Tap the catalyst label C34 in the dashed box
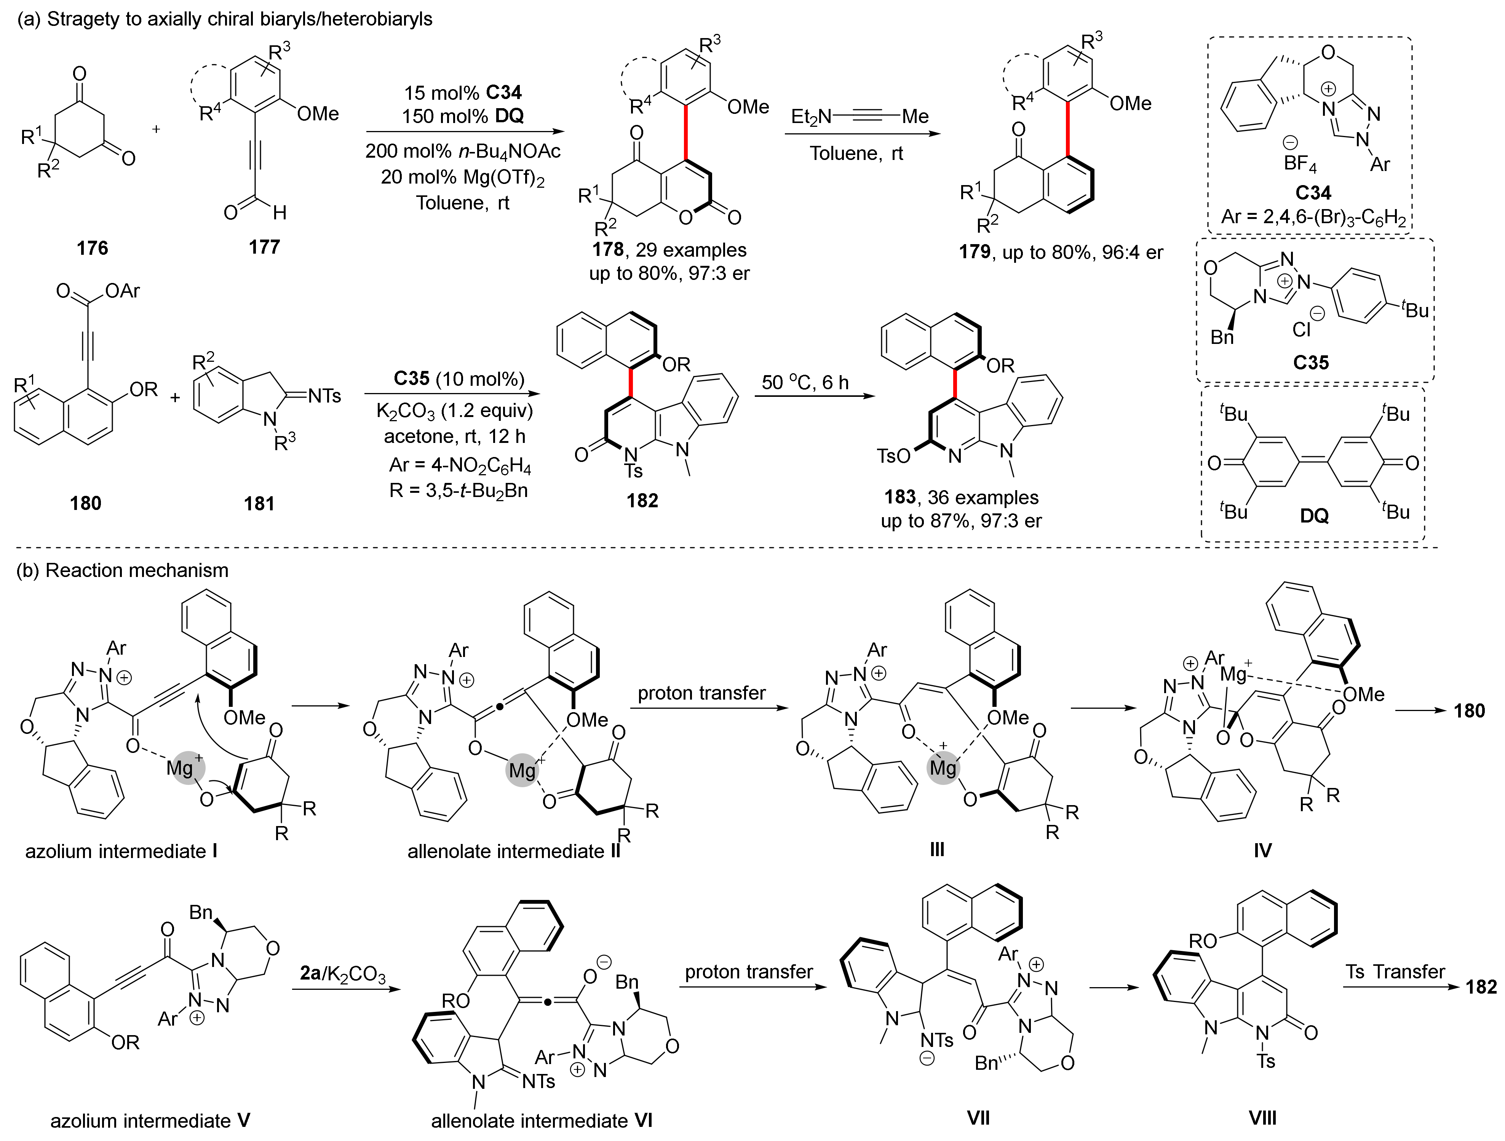coord(1312,193)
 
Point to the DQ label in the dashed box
coord(1314,516)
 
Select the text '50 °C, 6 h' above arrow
coord(805,382)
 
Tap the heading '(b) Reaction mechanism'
coord(123,570)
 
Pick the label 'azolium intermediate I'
coord(121,851)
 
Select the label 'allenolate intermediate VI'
coord(542,1120)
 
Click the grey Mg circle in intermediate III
coord(943,768)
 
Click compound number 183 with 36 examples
coord(899,497)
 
